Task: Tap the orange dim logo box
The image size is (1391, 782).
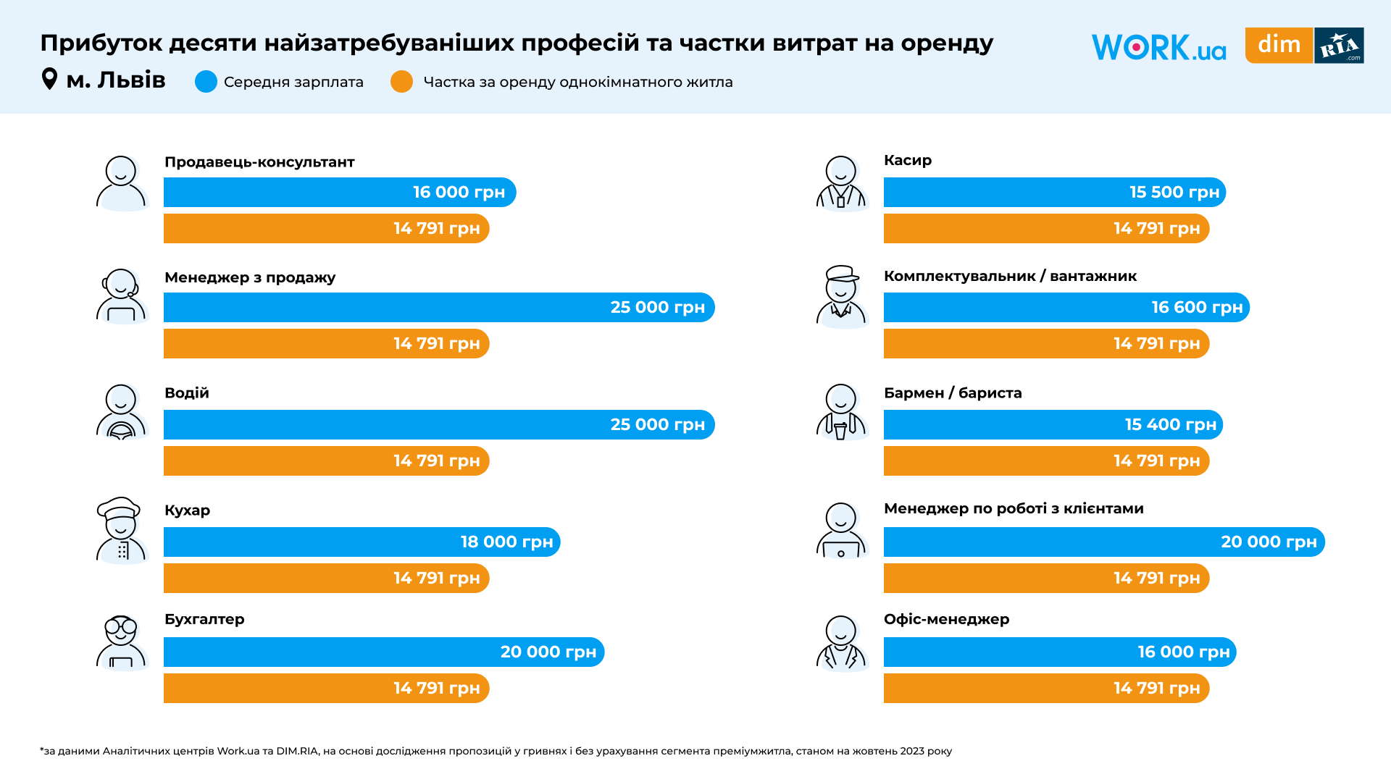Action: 1279,45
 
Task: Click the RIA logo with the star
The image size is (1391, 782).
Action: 1339,46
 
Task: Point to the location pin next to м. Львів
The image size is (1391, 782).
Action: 49,79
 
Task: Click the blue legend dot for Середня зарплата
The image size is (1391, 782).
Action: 206,82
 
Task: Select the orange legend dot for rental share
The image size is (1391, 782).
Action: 401,82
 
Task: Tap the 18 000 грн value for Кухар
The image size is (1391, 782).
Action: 506,542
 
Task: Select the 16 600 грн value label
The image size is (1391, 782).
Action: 1197,308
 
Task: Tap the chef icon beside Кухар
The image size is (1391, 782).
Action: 121,530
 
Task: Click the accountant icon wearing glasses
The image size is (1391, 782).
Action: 121,642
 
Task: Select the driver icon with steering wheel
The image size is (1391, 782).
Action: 121,412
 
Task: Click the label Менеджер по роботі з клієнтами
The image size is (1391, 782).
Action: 1014,509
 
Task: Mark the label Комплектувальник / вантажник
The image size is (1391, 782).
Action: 1010,277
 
